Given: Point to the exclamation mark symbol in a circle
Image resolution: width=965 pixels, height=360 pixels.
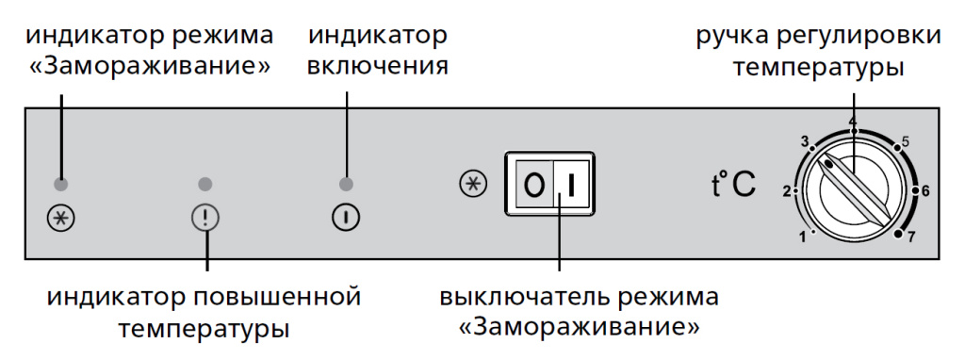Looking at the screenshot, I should (x=204, y=219).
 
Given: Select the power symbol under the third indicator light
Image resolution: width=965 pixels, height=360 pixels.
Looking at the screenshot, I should (x=346, y=219).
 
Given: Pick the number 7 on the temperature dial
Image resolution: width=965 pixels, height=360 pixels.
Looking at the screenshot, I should (x=912, y=237).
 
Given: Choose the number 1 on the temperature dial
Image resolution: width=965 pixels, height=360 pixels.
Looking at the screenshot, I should (x=802, y=237).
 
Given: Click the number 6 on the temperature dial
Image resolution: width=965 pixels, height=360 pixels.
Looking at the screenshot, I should (x=925, y=191).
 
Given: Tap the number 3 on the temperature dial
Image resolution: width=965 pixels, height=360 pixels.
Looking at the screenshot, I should (x=805, y=142).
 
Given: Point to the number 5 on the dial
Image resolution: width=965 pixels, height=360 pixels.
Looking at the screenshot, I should (x=905, y=142).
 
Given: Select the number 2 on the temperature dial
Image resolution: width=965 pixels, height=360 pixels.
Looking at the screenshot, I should (x=786, y=191).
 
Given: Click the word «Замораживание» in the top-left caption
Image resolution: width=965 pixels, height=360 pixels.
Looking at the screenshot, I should (x=150, y=68).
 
